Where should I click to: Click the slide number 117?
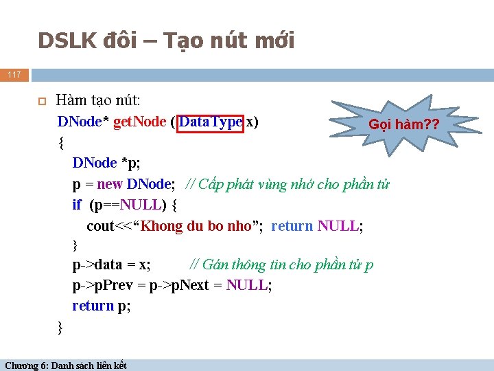coord(14,74)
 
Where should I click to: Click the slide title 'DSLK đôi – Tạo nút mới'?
coord(166,41)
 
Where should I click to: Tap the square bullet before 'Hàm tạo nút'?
coord(41,101)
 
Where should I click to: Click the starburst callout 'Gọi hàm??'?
coord(403,125)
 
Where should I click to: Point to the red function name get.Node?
coord(139,122)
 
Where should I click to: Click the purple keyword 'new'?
coord(110,184)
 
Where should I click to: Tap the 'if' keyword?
coord(77,205)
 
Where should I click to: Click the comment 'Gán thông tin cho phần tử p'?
coord(282,265)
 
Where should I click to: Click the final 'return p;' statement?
coord(102,306)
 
